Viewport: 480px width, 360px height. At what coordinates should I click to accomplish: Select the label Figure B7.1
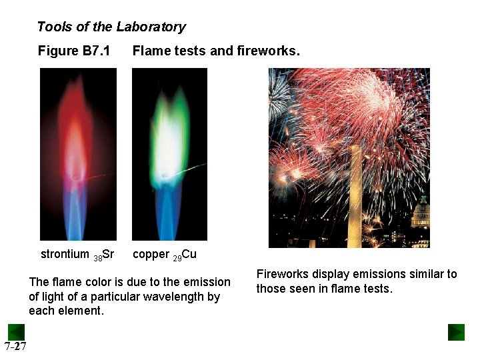click(x=74, y=51)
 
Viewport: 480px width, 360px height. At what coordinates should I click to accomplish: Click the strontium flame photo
click(x=78, y=154)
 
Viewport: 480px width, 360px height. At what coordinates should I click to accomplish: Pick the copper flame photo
click(x=169, y=154)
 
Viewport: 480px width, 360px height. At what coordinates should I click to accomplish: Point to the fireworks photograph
click(x=349, y=157)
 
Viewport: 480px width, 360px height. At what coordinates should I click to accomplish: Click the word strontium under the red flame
click(x=65, y=254)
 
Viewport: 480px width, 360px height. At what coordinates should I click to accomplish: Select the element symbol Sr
click(x=109, y=254)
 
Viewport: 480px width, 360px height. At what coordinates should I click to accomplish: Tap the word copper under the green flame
click(x=151, y=254)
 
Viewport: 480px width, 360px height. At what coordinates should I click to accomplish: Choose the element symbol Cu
click(x=189, y=254)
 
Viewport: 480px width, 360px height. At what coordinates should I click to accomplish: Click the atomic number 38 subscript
click(x=97, y=257)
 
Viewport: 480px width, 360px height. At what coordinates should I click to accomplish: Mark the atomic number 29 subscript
click(x=177, y=257)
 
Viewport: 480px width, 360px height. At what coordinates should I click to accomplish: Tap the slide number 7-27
click(x=15, y=346)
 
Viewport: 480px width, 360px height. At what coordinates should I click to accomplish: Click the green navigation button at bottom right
click(x=456, y=332)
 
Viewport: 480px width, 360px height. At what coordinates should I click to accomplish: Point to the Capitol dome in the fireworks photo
click(x=421, y=215)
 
